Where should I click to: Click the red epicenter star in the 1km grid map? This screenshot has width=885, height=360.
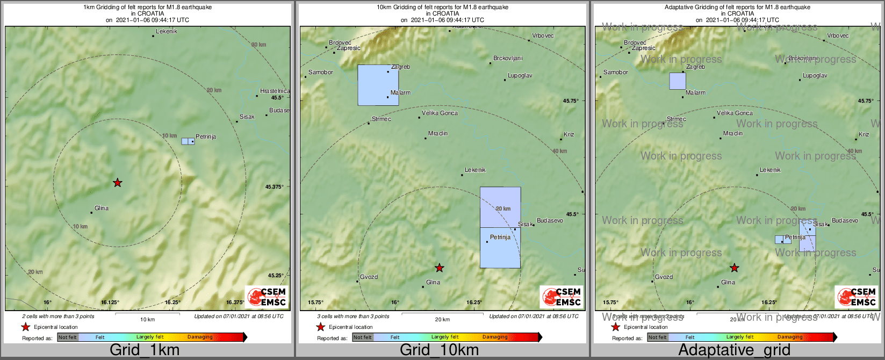pos(117,183)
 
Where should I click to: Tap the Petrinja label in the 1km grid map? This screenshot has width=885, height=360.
pos(206,137)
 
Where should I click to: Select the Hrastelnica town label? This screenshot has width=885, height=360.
pos(275,91)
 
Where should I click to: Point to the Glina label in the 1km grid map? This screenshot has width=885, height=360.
pos(102,208)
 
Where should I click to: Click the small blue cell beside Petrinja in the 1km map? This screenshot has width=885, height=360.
pos(188,141)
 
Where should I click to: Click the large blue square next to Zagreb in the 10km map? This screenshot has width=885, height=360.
pos(378,85)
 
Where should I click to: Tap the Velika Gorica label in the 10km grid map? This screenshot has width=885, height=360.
pos(440,113)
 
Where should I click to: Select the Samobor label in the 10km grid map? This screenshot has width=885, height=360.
pos(321,72)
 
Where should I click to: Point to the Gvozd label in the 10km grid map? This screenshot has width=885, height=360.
pos(369,277)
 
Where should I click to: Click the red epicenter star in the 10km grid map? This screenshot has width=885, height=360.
pos(439,268)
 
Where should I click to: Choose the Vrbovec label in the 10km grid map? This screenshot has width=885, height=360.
pos(543,36)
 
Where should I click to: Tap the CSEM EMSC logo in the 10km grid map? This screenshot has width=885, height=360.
pos(561,297)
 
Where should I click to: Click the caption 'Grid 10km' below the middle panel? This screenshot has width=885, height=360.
pos(439,350)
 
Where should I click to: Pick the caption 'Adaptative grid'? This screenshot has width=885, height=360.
pos(734,350)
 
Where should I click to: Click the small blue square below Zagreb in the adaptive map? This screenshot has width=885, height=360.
pos(678,81)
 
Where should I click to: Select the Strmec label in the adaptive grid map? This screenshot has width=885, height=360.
pos(676,119)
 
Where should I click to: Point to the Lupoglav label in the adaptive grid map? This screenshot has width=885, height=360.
pos(815,76)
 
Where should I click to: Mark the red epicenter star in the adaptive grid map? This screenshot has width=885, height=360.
pos(734,268)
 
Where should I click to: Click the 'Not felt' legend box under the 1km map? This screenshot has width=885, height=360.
pos(68,337)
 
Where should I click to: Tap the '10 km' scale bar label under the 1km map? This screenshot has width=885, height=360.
pos(147,320)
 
